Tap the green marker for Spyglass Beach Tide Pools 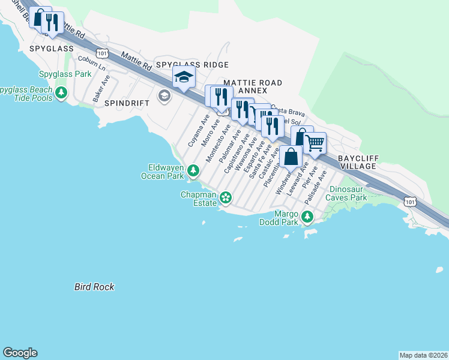61,93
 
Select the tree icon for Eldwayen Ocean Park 193,171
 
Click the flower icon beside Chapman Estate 226,197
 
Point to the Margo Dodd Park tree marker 307,216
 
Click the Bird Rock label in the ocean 94,287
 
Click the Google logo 20,353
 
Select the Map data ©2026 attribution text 423,355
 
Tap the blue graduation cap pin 184,77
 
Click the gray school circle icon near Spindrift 163,95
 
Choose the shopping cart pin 316,143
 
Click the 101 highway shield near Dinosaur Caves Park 410,202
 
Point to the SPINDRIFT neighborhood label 127,103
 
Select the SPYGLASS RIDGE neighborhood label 191,64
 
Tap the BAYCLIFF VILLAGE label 359,163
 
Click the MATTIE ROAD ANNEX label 252,86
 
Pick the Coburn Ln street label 92,63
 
